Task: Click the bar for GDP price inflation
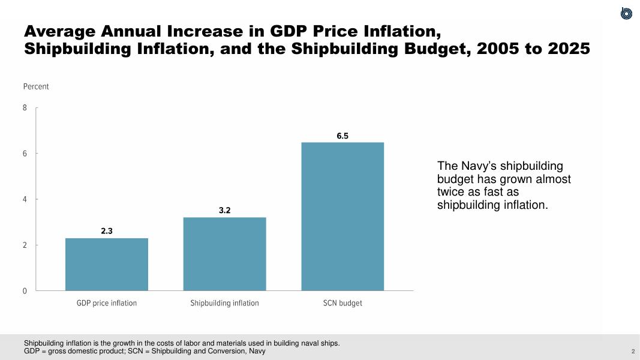pyautogui.click(x=107, y=264)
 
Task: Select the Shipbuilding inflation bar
pyautogui.click(x=224, y=254)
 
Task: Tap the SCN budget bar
pyautogui.click(x=342, y=216)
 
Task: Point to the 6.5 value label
pyautogui.click(x=342, y=136)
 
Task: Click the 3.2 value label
pyautogui.click(x=224, y=211)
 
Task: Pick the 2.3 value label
pyautogui.click(x=107, y=230)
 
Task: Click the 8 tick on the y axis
pyautogui.click(x=25, y=108)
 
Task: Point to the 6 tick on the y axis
pyautogui.click(x=25, y=154)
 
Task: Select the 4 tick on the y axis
pyautogui.click(x=25, y=199)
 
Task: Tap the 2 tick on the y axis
pyautogui.click(x=25, y=245)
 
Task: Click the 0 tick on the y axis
pyautogui.click(x=25, y=291)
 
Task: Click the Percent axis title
pyautogui.click(x=36, y=86)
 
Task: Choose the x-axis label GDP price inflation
pyautogui.click(x=107, y=303)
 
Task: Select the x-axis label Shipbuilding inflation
pyautogui.click(x=224, y=303)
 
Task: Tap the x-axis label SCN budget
pyautogui.click(x=342, y=303)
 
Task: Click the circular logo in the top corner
pyautogui.click(x=626, y=13)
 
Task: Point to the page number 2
pyautogui.click(x=633, y=351)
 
